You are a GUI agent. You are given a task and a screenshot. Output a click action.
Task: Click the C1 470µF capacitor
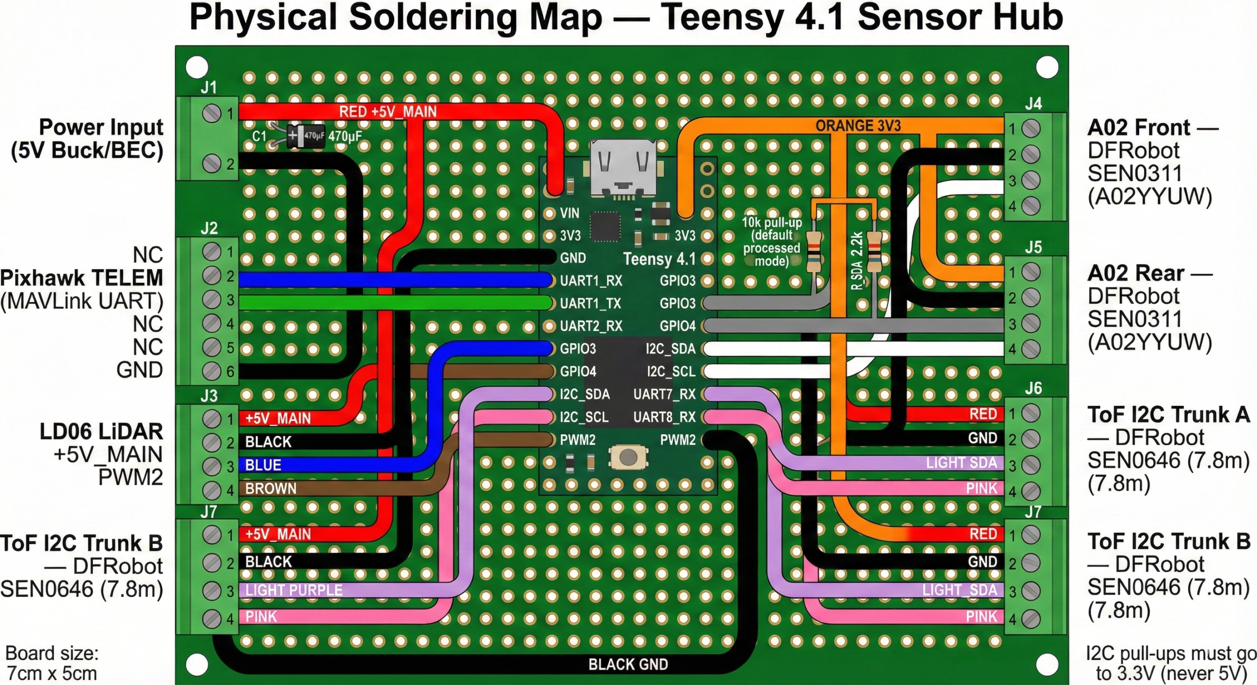305,135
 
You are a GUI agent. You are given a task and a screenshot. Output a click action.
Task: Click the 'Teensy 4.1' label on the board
659,259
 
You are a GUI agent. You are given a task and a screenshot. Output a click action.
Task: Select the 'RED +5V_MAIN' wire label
387,111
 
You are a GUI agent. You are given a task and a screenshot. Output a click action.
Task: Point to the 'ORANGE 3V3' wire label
858,126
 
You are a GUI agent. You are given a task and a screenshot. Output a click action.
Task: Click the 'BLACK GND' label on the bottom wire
628,664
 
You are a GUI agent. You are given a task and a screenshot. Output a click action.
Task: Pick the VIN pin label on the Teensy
570,213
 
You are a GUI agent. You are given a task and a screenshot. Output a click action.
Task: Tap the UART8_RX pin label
664,417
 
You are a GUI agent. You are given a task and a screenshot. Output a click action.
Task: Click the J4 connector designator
1033,104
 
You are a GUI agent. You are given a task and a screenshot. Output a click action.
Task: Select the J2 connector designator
209,228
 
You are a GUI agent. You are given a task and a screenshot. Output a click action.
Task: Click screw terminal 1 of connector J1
212,114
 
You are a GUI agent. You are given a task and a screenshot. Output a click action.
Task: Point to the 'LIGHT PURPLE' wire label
294,590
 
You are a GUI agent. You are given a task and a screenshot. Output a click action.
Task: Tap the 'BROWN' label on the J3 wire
271,489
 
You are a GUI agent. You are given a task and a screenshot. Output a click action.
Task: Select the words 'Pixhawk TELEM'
82,278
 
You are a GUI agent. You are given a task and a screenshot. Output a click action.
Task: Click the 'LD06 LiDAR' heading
101,432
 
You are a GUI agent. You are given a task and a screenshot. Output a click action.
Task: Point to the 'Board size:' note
52,654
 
